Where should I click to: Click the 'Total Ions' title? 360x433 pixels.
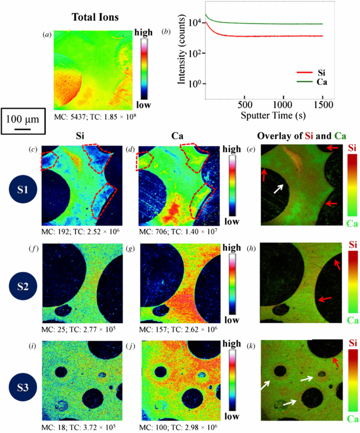(95, 17)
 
